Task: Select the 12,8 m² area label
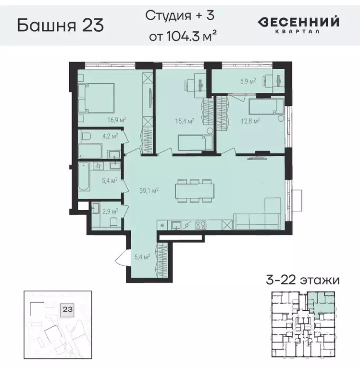pyautogui.click(x=250, y=120)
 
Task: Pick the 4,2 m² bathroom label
pyautogui.click(x=110, y=136)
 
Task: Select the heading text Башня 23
pyautogui.click(x=60, y=25)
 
